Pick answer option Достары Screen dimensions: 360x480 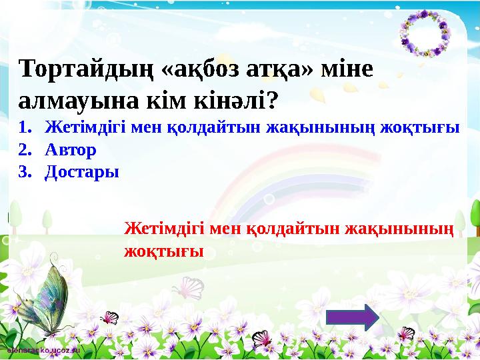(82, 171)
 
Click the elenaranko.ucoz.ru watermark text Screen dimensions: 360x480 (41, 349)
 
